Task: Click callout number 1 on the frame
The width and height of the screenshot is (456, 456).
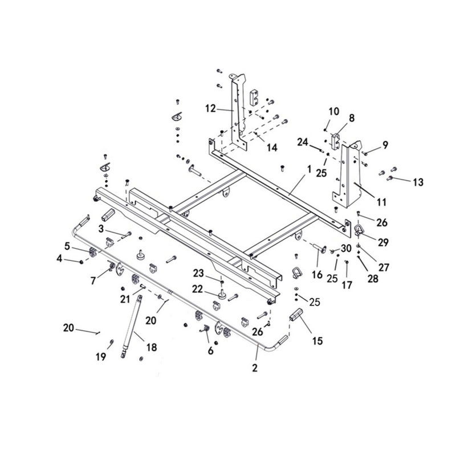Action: (309, 169)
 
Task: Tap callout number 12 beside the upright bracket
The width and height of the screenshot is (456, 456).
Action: (210, 108)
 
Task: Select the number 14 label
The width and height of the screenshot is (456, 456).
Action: (272, 148)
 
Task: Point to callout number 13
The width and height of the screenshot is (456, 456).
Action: (418, 182)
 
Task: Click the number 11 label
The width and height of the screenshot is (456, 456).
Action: (381, 202)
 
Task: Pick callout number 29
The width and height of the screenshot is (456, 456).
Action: (383, 242)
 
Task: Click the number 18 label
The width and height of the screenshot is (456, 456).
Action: (152, 347)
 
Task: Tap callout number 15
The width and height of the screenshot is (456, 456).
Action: (317, 340)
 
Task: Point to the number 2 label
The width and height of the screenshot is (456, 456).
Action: (255, 368)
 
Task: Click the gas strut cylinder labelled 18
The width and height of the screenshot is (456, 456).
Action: (132, 324)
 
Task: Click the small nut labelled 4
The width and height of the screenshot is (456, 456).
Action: (82, 262)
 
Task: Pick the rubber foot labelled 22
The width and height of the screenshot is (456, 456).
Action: (223, 294)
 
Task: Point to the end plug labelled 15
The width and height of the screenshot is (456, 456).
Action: (295, 316)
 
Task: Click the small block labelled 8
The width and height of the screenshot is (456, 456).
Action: (334, 141)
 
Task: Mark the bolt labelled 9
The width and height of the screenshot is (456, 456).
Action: (365, 153)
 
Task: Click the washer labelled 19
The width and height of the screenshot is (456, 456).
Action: (111, 341)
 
